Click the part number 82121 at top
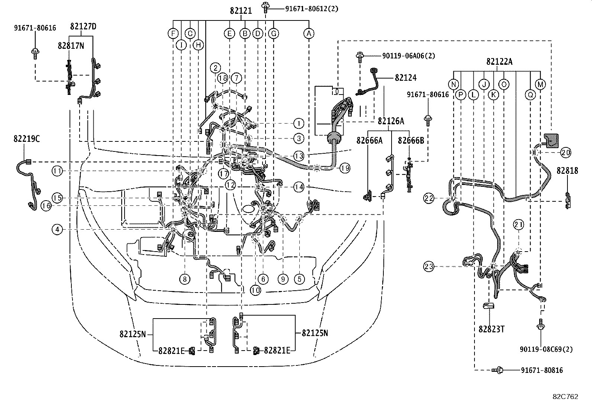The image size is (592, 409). pyautogui.click(x=241, y=11)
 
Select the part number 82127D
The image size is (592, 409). pyautogui.click(x=83, y=26)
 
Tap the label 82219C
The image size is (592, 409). pyautogui.click(x=26, y=139)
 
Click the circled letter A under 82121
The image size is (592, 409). pyautogui.click(x=309, y=33)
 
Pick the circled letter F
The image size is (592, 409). pyautogui.click(x=173, y=33)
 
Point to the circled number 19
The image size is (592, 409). pyautogui.click(x=345, y=168)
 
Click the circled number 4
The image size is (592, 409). pyautogui.click(x=57, y=230)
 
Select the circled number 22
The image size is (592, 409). pyautogui.click(x=429, y=199)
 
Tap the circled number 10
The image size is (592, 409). pyautogui.click(x=255, y=290)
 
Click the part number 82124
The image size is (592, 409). pyautogui.click(x=406, y=78)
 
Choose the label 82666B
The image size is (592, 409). pyautogui.click(x=411, y=140)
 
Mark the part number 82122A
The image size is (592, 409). pyautogui.click(x=499, y=62)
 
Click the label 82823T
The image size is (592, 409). pyautogui.click(x=491, y=329)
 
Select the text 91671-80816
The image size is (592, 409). pyautogui.click(x=541, y=370)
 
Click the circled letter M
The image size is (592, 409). pyautogui.click(x=540, y=84)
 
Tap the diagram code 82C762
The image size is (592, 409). pyautogui.click(x=565, y=397)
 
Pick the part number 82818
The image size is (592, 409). pyautogui.click(x=567, y=170)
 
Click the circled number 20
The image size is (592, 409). pyautogui.click(x=566, y=152)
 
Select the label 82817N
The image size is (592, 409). pyautogui.click(x=71, y=45)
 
